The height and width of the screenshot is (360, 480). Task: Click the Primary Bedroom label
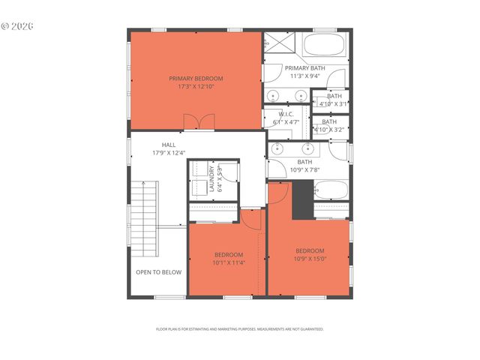tap(196, 79)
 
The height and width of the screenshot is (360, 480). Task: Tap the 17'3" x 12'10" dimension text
tap(196, 87)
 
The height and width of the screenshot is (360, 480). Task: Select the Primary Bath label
tap(308, 67)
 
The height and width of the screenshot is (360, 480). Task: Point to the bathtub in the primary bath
tap(324, 44)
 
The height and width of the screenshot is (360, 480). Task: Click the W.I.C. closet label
tap(285, 114)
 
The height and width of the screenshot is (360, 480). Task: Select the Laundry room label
tap(212, 178)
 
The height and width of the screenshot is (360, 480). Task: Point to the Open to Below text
tap(158, 272)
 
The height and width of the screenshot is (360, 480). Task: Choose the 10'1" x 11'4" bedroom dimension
tap(229, 263)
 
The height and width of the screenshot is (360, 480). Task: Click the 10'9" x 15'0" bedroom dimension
tap(310, 259)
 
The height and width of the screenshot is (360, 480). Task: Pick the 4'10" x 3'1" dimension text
tap(330, 104)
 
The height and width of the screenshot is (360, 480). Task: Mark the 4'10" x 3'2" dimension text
tap(330, 129)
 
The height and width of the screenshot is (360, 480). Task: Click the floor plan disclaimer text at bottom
tap(239, 329)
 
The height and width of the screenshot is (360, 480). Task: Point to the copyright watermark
tap(18, 25)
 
